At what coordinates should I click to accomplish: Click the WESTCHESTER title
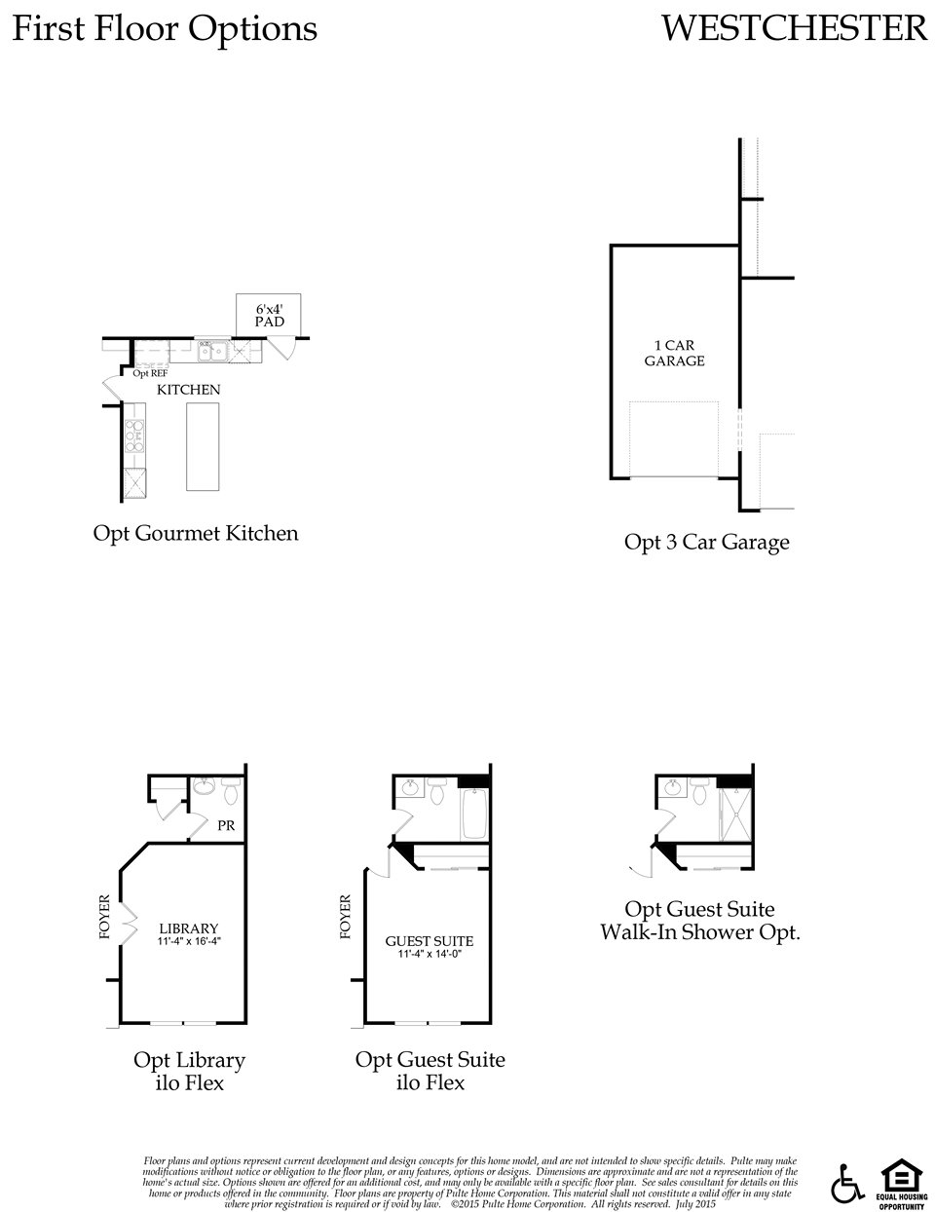tap(794, 28)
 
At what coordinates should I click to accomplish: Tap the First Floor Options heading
tap(165, 29)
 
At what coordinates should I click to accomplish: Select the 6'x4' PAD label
tap(269, 315)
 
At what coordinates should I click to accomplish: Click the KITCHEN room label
tap(190, 390)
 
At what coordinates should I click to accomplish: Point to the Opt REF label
tap(149, 373)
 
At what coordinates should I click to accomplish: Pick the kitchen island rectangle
tap(203, 446)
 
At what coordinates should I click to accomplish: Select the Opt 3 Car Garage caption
tap(706, 543)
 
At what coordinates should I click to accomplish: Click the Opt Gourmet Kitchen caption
tap(196, 533)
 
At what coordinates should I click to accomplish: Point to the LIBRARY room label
tap(189, 928)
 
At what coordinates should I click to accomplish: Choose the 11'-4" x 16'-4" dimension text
tap(189, 942)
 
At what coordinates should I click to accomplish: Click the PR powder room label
tap(226, 826)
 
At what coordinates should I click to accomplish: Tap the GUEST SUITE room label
tap(430, 941)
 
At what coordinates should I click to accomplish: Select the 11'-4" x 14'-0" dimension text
tap(430, 955)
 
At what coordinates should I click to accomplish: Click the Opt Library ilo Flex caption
tap(189, 1071)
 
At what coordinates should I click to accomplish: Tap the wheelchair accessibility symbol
tap(847, 1184)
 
